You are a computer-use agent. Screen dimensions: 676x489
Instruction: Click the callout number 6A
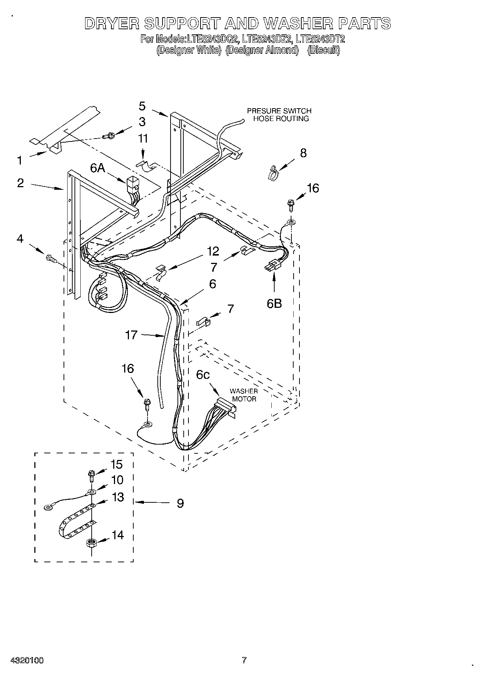tap(98, 168)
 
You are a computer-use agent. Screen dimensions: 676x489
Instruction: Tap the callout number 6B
tap(274, 303)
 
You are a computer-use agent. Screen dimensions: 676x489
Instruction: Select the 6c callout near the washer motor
tap(203, 375)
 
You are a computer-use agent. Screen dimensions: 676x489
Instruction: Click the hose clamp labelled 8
tap(272, 173)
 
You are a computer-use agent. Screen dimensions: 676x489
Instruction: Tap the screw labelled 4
tap(51, 259)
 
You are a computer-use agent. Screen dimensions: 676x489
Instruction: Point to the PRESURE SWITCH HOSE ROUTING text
tap(279, 114)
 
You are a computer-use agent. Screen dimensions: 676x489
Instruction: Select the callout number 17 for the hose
tap(131, 335)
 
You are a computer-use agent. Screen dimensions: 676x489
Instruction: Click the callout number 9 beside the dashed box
tap(180, 503)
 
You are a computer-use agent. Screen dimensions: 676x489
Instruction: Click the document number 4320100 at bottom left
tap(27, 660)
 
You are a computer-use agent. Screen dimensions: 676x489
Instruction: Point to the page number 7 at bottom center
tap(244, 660)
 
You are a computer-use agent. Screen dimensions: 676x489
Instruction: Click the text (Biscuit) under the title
tap(323, 50)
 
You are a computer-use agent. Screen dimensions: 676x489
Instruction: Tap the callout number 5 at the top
tap(142, 106)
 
